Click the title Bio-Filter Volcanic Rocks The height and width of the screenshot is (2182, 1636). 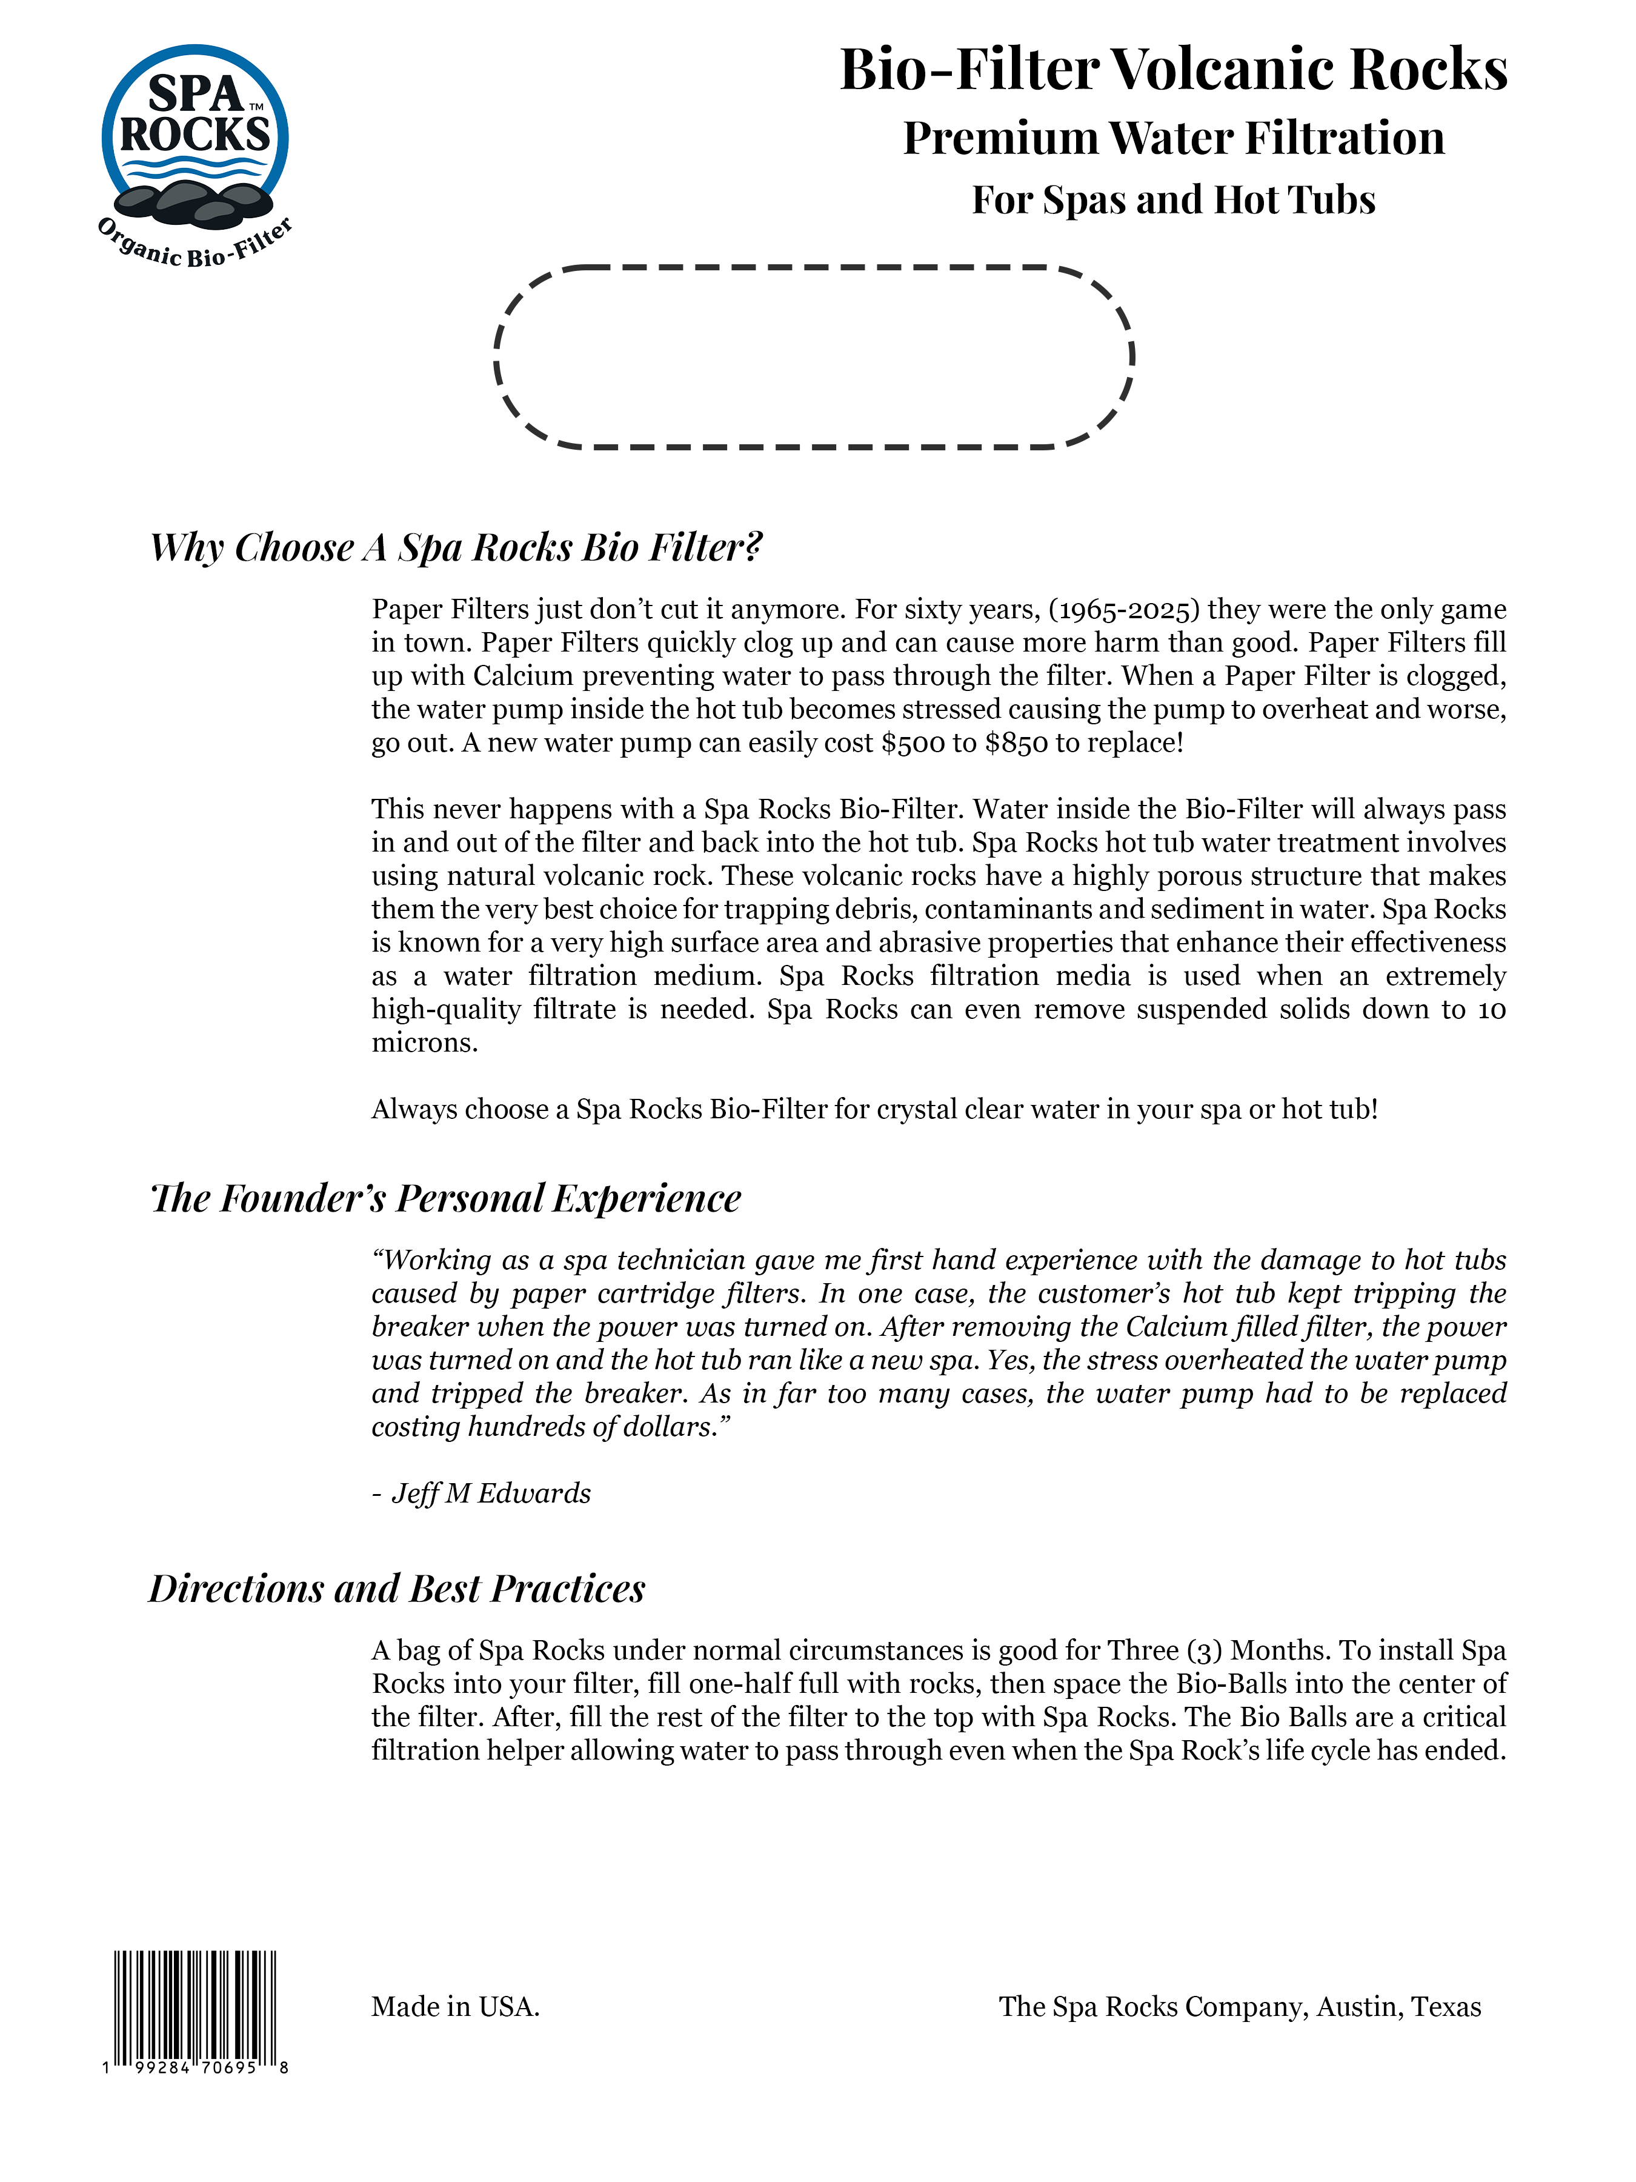pyautogui.click(x=1172, y=70)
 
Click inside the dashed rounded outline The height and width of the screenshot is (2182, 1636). pyautogui.click(x=814, y=357)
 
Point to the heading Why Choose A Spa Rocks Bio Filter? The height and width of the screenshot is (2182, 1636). pyautogui.click(x=456, y=547)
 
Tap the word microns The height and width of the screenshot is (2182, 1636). pyautogui.click(x=424, y=1043)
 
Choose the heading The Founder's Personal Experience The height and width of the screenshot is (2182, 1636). pyautogui.click(x=446, y=1198)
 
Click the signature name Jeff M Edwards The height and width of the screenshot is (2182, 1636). pyautogui.click(x=491, y=1493)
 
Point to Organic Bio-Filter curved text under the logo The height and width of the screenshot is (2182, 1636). pyautogui.click(x=195, y=247)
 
